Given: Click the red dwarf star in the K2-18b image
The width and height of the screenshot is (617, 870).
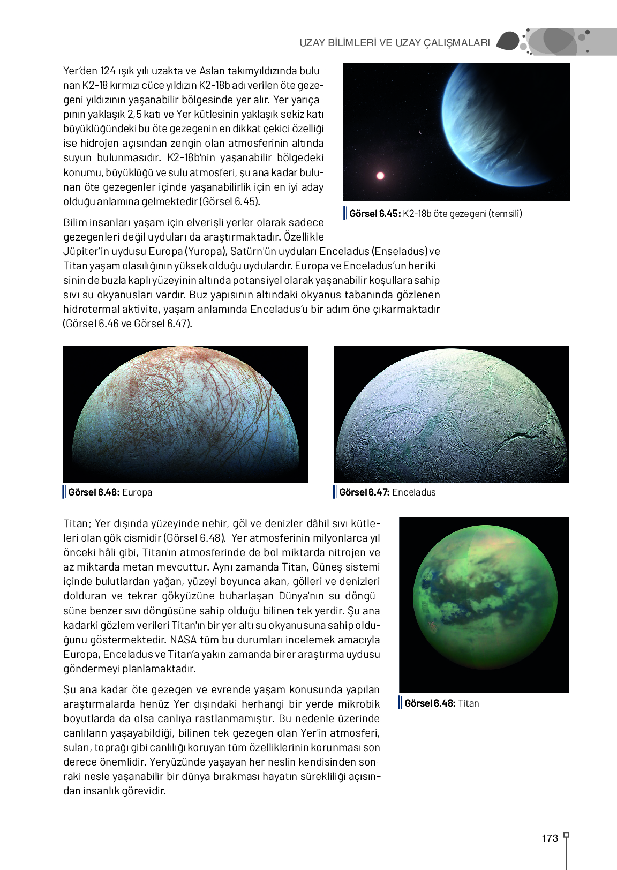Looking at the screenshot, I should pyautogui.click(x=380, y=176).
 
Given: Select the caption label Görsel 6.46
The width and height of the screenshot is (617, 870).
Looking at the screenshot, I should pyautogui.click(x=93, y=492).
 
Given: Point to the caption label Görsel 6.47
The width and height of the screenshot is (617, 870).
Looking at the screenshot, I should pyautogui.click(x=364, y=492).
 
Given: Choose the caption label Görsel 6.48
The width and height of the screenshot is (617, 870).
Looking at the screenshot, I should pyautogui.click(x=430, y=703).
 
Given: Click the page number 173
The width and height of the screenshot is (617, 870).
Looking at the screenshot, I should pyautogui.click(x=550, y=838).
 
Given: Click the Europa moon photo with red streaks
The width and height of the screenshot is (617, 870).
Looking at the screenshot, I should pyautogui.click(x=185, y=414).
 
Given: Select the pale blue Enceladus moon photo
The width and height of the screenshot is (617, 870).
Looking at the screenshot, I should pyautogui.click(x=451, y=414).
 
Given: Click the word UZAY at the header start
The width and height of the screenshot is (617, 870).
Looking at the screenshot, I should pyautogui.click(x=312, y=43).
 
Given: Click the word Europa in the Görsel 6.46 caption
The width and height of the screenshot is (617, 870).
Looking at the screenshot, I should pyautogui.click(x=137, y=492).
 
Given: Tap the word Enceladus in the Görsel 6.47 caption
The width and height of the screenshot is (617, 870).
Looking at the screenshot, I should pyautogui.click(x=414, y=492).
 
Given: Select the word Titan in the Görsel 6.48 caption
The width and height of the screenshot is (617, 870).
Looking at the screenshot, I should pyautogui.click(x=469, y=703).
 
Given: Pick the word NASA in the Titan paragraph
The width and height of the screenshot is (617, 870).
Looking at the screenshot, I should pyautogui.click(x=183, y=640).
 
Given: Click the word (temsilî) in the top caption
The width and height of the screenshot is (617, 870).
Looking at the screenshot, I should pyautogui.click(x=505, y=214).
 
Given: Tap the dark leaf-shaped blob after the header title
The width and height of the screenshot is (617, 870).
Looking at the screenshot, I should pyautogui.click(x=508, y=41).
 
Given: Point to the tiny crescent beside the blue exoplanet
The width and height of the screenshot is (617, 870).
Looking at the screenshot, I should pyautogui.click(x=420, y=132).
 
